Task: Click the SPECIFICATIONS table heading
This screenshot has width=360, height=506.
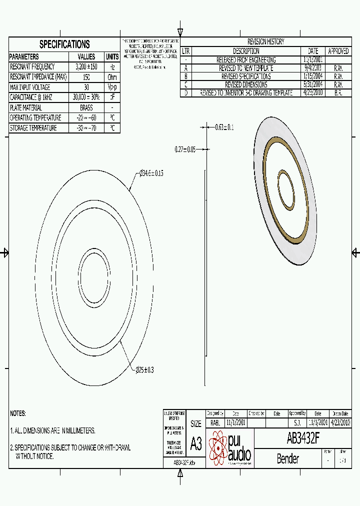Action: pyautogui.click(x=64, y=44)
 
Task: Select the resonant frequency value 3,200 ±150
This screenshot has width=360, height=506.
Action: pyautogui.click(x=86, y=66)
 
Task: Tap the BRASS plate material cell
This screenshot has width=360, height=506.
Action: pyautogui.click(x=86, y=107)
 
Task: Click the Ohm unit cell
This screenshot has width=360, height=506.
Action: pyautogui.click(x=112, y=77)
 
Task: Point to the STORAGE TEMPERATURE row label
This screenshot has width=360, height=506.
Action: pyautogui.click(x=33, y=128)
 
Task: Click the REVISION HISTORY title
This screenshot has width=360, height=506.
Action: pyautogui.click(x=265, y=42)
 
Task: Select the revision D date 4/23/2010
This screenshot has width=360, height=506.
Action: pyautogui.click(x=313, y=93)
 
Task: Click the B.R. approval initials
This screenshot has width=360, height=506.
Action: pyautogui.click(x=338, y=93)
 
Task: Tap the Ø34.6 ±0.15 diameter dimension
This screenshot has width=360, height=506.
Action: pyautogui.click(x=151, y=173)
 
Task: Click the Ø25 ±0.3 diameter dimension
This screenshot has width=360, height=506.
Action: pyautogui.click(x=145, y=370)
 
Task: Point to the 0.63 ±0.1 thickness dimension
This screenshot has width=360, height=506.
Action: pyautogui.click(x=224, y=127)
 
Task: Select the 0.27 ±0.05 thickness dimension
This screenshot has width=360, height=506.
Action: pyautogui.click(x=185, y=149)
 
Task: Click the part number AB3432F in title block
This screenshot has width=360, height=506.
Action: pyautogui.click(x=303, y=438)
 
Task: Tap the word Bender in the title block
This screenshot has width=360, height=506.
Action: pyautogui.click(x=287, y=458)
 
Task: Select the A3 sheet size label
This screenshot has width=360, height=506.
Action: pyautogui.click(x=196, y=443)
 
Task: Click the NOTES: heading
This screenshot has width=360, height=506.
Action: pyautogui.click(x=17, y=413)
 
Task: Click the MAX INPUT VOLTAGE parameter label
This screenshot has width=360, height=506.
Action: pyautogui.click(x=30, y=87)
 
